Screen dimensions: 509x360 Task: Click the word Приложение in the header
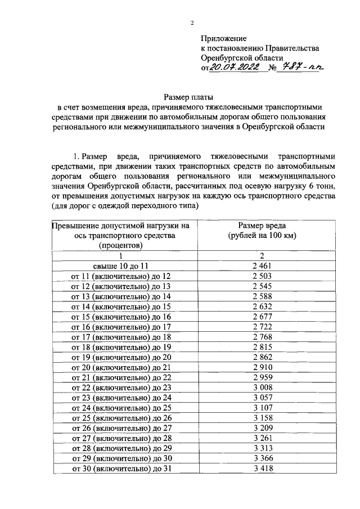pos(224,38)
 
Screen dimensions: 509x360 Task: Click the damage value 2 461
pos(262,265)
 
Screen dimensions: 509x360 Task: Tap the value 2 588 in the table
pos(262,296)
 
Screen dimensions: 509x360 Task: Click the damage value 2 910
pos(262,367)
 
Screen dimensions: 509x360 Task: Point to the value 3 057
pos(262,397)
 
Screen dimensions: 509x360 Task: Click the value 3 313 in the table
pos(262,448)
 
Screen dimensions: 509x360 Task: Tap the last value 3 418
pos(262,468)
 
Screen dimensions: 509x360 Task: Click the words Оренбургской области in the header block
pos(238,57)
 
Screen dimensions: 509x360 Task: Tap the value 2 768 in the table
pos(262,336)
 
